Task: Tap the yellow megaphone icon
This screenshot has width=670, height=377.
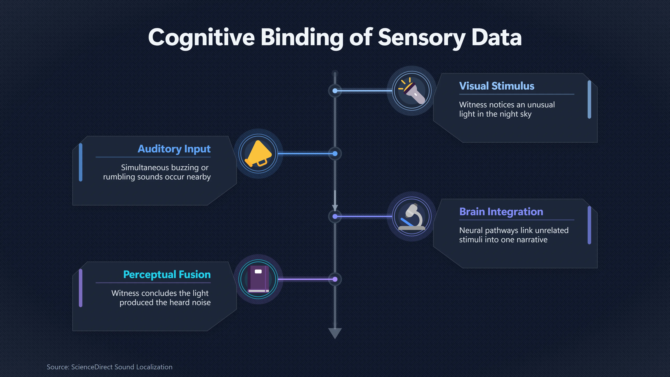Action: (258, 154)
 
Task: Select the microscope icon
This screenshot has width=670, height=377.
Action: (412, 216)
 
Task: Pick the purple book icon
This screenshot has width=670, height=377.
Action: (258, 279)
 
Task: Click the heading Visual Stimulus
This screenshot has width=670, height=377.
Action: (497, 86)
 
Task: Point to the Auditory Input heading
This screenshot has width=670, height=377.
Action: (174, 149)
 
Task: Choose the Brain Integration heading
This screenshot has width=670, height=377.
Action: (501, 212)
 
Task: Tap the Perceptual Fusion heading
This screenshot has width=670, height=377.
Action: (167, 275)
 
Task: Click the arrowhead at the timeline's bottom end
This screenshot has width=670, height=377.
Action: (335, 333)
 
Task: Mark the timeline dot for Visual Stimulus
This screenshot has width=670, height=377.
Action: (335, 91)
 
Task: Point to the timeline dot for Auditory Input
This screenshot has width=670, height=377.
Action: (335, 154)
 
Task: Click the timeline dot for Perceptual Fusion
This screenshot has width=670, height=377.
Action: (335, 279)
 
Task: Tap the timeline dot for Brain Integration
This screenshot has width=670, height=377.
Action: (335, 216)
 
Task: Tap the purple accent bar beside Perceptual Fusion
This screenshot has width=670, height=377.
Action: (81, 288)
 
